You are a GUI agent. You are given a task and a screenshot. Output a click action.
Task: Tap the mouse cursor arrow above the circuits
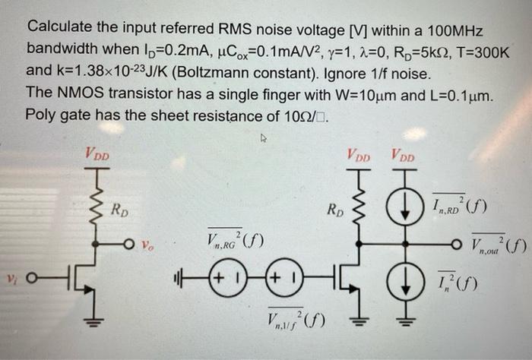coord(264,140)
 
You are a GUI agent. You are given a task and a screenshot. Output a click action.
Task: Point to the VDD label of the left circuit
coord(97,156)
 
